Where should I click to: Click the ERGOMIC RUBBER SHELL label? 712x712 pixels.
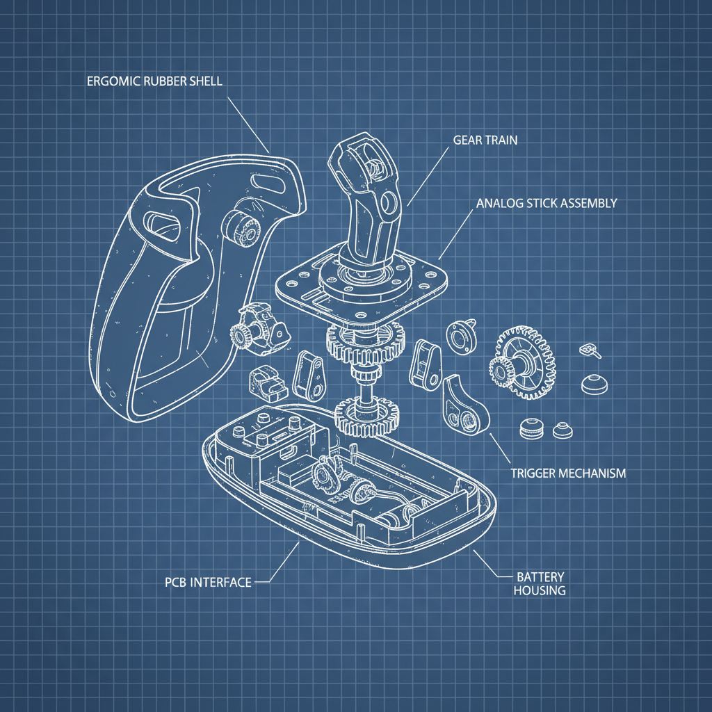pos(154,81)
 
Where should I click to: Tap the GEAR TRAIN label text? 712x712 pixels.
pos(485,140)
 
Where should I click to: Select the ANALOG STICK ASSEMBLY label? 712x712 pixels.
pos(547,204)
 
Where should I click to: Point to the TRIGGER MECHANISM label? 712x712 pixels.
pos(568,474)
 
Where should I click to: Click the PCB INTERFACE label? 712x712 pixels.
pos(208,582)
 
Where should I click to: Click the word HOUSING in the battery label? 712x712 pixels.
pos(540,591)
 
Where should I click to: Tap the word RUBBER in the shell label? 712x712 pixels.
pos(161,81)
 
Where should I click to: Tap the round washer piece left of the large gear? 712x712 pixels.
pos(460,337)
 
